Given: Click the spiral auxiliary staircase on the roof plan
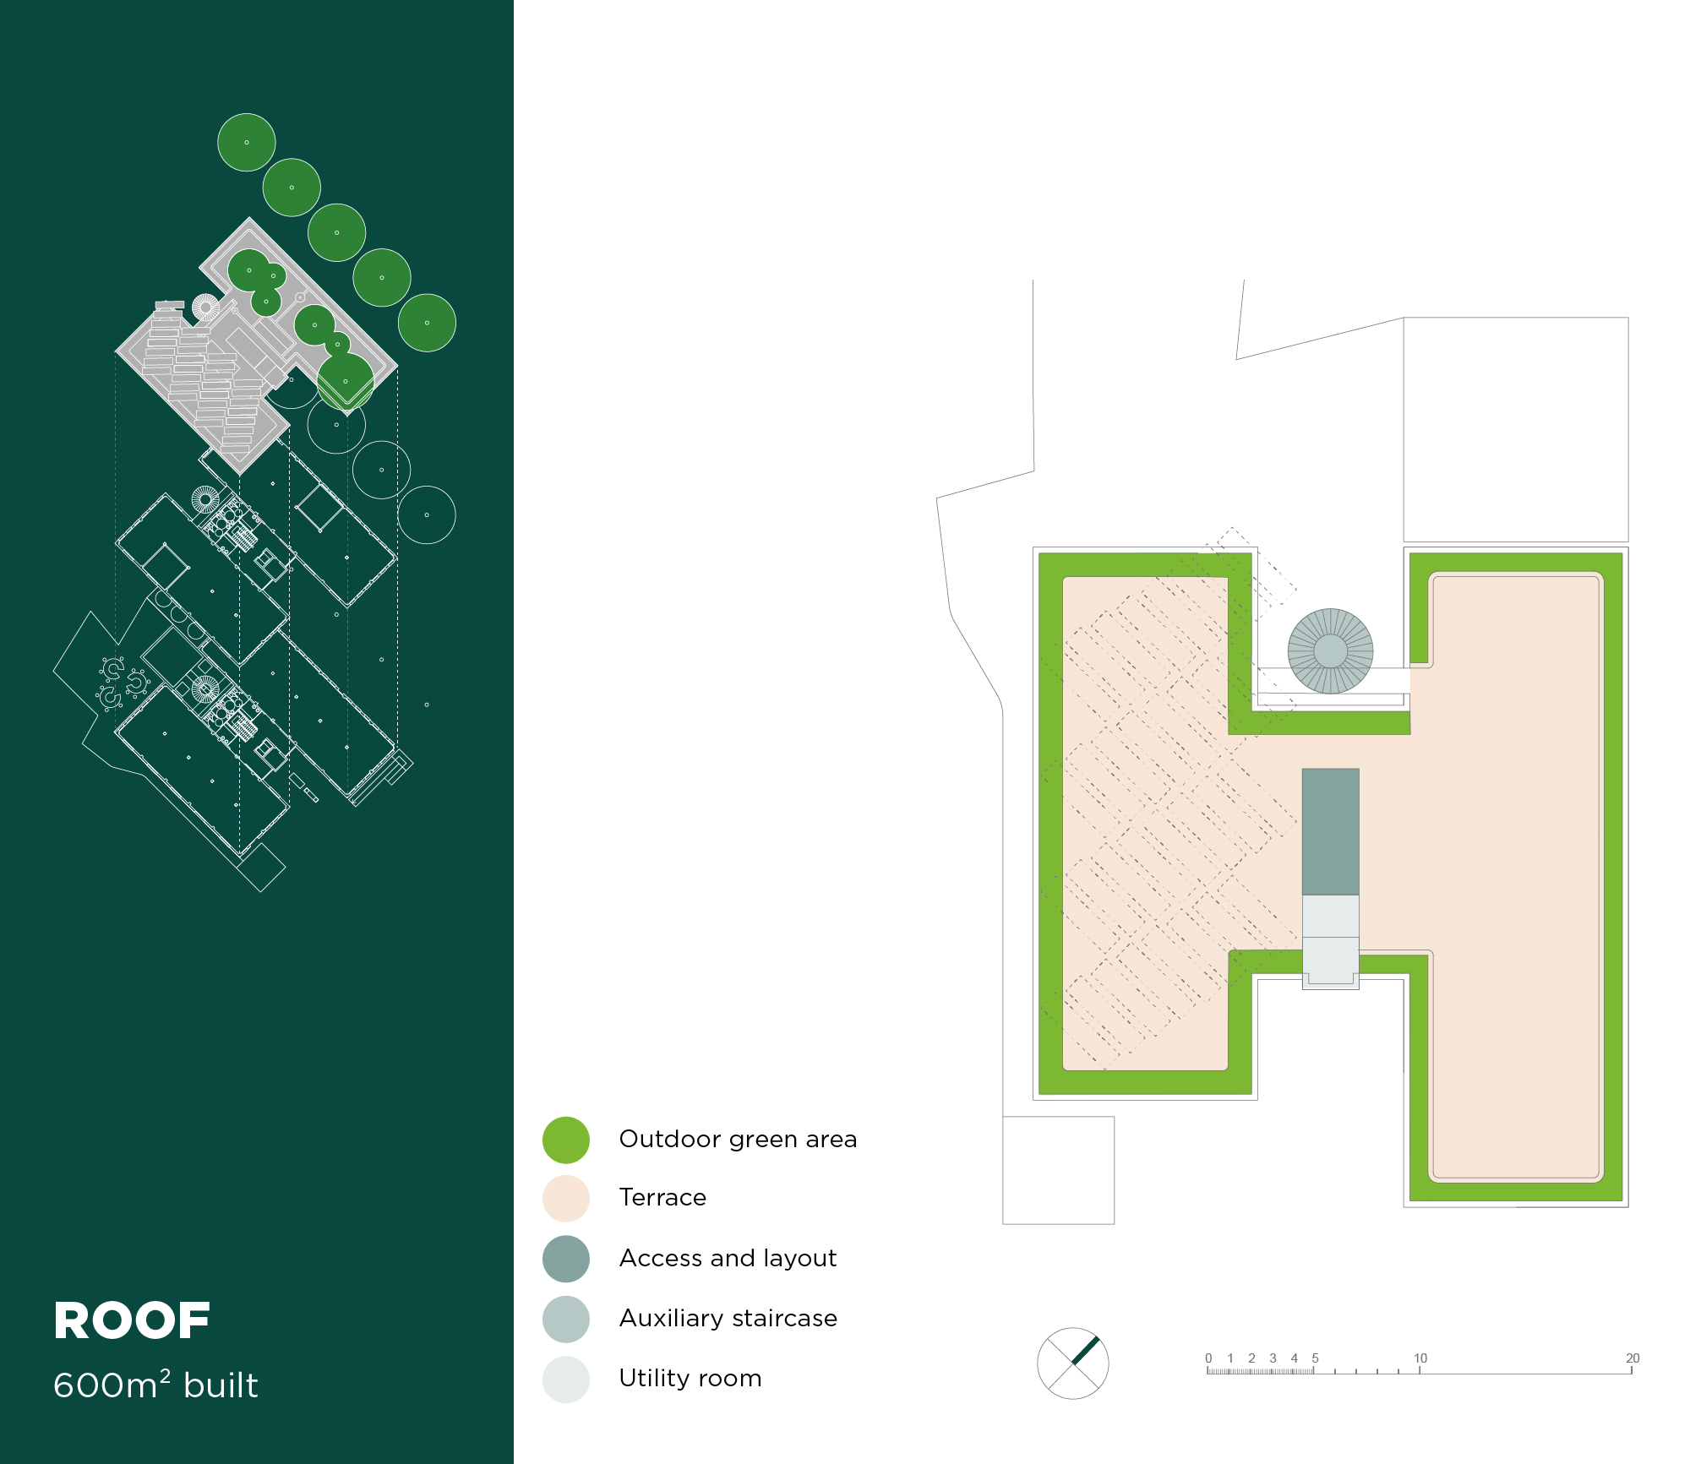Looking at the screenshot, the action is [1330, 651].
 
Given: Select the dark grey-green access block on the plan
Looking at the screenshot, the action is [1330, 831].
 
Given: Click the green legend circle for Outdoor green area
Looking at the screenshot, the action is [566, 1140].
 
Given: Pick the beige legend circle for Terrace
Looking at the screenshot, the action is [566, 1198].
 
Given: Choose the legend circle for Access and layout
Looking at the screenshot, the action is [566, 1259].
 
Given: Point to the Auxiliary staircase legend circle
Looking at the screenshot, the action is [566, 1319].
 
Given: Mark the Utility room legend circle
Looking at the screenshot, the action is [566, 1379].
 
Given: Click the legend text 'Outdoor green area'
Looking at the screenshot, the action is [738, 1140].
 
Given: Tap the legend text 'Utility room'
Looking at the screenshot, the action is [690, 1379].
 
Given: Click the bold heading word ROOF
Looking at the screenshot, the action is [132, 1321].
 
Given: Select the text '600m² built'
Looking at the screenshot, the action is [155, 1385].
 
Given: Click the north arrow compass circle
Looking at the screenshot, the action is [1072, 1363].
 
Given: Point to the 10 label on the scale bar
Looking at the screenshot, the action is [1420, 1358].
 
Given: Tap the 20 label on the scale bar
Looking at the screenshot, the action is [1633, 1358].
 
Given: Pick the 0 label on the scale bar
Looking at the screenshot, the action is [1208, 1358].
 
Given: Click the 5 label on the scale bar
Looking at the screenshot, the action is [1315, 1358].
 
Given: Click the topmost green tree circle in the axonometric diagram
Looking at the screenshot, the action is [247, 143].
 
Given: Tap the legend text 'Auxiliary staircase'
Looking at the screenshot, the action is [728, 1319].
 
